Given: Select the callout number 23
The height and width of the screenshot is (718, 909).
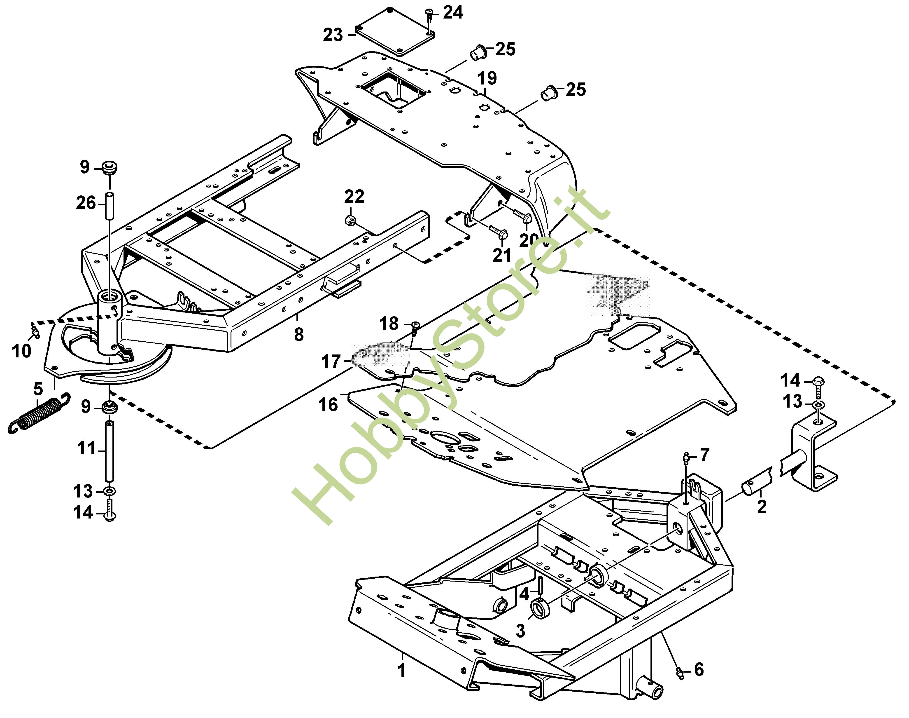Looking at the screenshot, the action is (333, 35).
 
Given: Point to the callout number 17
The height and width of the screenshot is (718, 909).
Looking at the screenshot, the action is (331, 361).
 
